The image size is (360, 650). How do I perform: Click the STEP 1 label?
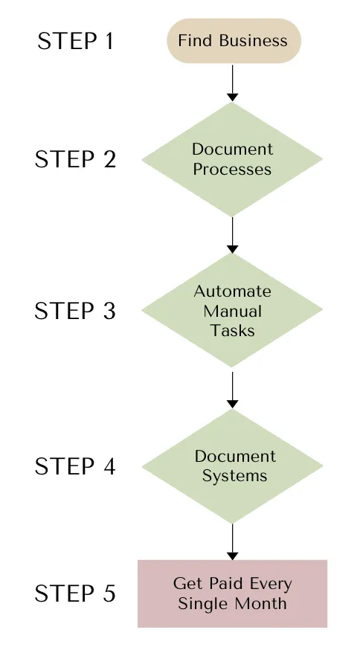[x=75, y=41]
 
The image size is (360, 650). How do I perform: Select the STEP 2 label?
[x=75, y=159]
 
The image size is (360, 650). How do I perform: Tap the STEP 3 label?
[x=75, y=311]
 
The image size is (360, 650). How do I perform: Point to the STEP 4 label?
[x=75, y=466]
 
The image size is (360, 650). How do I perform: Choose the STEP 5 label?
[x=75, y=593]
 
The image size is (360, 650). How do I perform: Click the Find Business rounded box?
[x=234, y=41]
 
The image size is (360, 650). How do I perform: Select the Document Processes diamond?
[x=232, y=159]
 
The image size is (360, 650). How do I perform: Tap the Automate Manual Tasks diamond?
[x=232, y=310]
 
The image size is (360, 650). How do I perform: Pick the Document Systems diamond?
[x=233, y=466]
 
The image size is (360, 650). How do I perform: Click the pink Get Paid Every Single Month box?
[x=233, y=593]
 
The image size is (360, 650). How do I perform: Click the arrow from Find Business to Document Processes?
[x=233, y=83]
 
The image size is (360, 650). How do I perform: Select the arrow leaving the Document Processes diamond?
[x=233, y=235]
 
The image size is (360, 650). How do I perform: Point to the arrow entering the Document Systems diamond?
[x=233, y=390]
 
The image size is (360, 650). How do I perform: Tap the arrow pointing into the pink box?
[x=233, y=542]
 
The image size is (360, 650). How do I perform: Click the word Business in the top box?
[x=254, y=41]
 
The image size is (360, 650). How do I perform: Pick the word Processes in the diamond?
[x=232, y=169]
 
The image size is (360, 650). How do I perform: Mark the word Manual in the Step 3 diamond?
[x=232, y=311]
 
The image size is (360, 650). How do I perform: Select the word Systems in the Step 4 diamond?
[x=235, y=476]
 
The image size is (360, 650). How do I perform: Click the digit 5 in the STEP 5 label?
[x=109, y=593]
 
